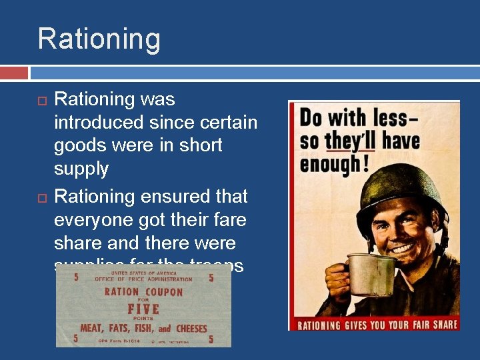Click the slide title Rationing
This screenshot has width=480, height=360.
tap(99, 39)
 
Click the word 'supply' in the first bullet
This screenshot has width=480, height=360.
tap(81, 169)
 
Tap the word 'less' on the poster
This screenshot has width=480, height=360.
tap(399, 118)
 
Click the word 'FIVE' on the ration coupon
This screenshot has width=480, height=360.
tap(143, 309)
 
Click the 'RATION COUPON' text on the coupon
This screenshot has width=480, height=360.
tap(143, 292)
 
